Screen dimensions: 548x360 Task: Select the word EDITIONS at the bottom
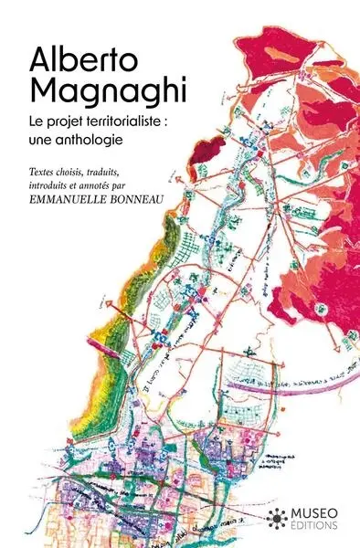(310, 526)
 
